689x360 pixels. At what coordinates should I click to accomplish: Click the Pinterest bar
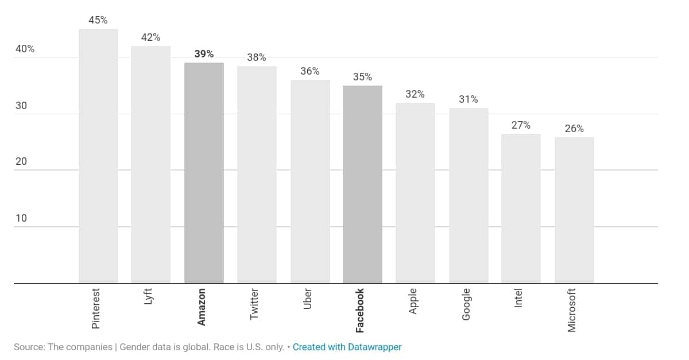(x=98, y=156)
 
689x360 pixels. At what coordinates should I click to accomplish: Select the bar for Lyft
(x=150, y=165)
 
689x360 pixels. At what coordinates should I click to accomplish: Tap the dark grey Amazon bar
(x=204, y=173)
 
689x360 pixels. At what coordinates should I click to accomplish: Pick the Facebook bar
(x=362, y=184)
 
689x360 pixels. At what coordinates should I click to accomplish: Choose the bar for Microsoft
(x=574, y=210)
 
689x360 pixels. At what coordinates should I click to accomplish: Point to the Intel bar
(x=521, y=208)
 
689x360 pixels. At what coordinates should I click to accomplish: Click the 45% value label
(x=98, y=20)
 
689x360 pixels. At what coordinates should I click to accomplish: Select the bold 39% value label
(x=204, y=54)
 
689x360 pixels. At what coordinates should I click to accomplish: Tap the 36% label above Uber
(x=310, y=71)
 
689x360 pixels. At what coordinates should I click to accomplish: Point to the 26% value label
(x=574, y=129)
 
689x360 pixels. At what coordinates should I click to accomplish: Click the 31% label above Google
(x=469, y=99)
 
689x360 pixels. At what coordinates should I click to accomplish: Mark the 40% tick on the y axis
(x=25, y=49)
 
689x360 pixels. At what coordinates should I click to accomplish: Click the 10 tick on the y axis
(x=21, y=218)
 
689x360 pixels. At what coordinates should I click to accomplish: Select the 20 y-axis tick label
(x=21, y=161)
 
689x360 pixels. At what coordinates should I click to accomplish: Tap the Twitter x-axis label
(x=254, y=304)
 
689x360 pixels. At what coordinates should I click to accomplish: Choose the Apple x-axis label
(x=413, y=301)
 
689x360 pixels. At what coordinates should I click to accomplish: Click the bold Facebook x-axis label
(x=360, y=310)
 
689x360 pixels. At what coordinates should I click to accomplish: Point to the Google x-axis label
(x=466, y=304)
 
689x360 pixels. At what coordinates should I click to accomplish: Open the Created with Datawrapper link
(x=347, y=347)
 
